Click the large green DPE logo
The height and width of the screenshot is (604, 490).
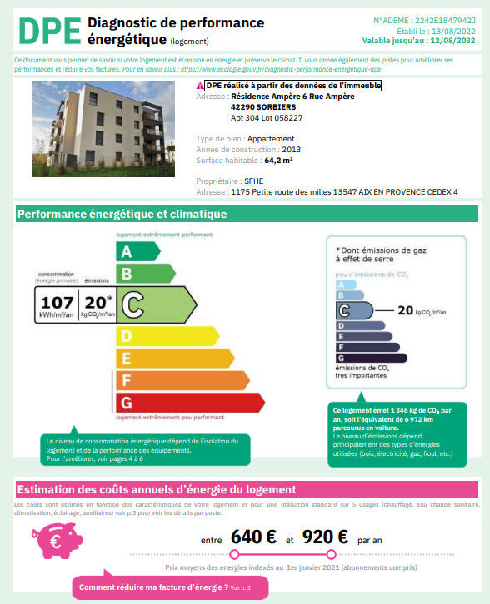pos(47,30)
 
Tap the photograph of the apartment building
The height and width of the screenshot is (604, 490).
pos(103,129)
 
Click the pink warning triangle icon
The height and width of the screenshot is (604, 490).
pos(200,86)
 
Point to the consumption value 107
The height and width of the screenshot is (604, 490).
pos(57,303)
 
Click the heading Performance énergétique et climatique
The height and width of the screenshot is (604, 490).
pos(122,215)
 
